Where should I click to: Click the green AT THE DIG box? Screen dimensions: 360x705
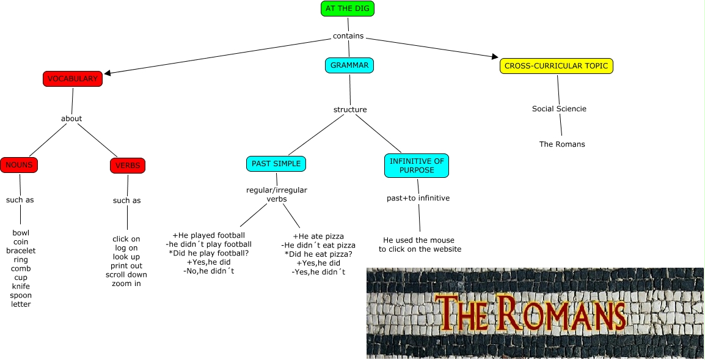click(347, 9)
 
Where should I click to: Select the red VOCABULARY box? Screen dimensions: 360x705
click(72, 79)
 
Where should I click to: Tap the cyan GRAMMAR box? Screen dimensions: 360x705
click(349, 65)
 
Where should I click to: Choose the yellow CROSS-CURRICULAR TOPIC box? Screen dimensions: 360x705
click(556, 66)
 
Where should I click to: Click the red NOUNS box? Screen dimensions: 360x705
click(19, 165)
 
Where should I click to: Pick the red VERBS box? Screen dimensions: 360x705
click(127, 166)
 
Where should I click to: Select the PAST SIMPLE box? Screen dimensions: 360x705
click(276, 164)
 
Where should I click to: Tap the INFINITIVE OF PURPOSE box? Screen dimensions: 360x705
click(416, 166)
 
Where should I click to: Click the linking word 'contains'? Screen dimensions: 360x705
click(348, 36)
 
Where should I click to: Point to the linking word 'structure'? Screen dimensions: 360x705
click(350, 110)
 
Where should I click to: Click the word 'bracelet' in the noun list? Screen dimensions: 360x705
click(21, 251)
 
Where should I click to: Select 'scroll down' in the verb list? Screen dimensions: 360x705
click(126, 275)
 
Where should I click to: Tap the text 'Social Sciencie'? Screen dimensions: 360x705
click(559, 109)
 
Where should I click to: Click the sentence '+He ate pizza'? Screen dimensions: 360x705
click(318, 237)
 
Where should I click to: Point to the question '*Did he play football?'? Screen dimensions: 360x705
click(209, 253)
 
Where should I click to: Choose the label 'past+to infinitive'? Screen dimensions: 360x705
click(418, 198)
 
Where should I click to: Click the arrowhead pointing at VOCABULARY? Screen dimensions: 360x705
click(108, 73)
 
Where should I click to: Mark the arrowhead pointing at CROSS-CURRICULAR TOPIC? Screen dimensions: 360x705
click(495, 57)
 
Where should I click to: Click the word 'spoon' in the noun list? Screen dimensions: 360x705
click(21, 295)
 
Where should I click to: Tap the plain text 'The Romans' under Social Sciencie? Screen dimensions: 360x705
click(562, 144)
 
